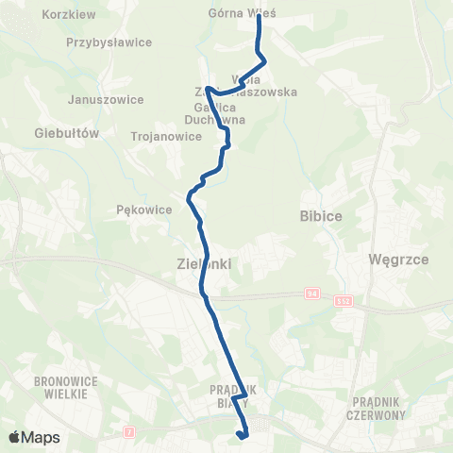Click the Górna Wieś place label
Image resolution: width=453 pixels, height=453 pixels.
pos(234,13)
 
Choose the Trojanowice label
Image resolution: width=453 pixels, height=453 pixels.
pos(165,136)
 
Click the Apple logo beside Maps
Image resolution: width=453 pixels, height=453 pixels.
pos(15,437)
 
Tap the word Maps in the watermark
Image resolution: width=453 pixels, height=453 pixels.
pos(41,438)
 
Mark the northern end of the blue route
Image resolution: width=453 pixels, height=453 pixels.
pos(259,16)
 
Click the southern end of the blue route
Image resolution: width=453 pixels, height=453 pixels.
pos(243,436)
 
